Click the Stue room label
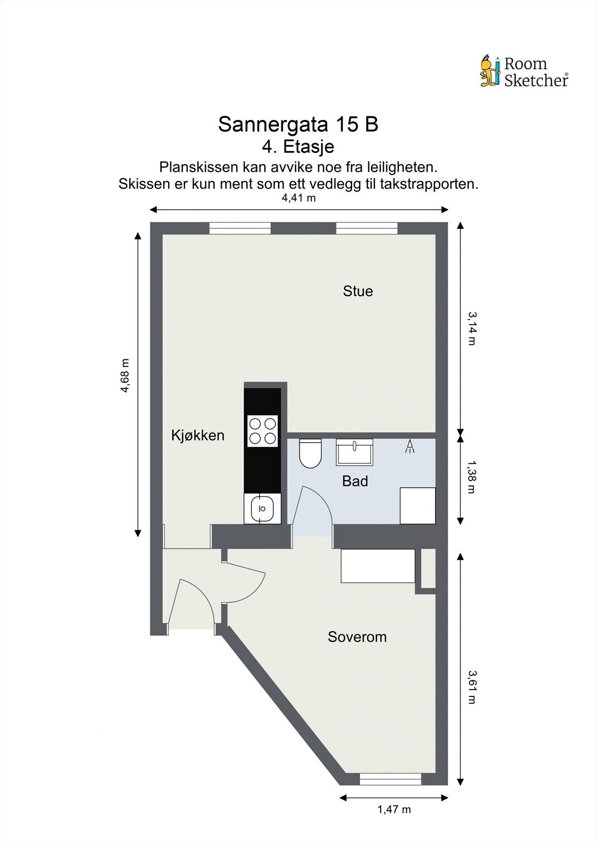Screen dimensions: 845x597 [357, 291]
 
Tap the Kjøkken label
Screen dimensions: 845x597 [197, 435]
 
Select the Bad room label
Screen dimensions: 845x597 [355, 481]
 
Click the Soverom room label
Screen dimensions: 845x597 [357, 637]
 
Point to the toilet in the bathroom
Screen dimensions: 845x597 [310, 454]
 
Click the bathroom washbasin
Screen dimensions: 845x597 [355, 452]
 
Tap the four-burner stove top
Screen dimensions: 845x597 [263, 431]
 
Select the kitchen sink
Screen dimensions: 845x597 [262, 509]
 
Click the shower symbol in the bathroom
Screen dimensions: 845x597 [410, 447]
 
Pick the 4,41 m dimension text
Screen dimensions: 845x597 [298, 198]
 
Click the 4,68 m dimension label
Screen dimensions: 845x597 [125, 376]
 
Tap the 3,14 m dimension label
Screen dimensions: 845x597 [471, 328]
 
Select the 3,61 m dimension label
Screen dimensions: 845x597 [471, 687]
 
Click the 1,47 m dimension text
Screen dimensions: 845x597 [394, 809]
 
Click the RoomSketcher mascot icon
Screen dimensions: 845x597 [490, 71]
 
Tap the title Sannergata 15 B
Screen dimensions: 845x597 [298, 125]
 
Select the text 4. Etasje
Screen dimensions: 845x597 [298, 146]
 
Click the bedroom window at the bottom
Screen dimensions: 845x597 [391, 778]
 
